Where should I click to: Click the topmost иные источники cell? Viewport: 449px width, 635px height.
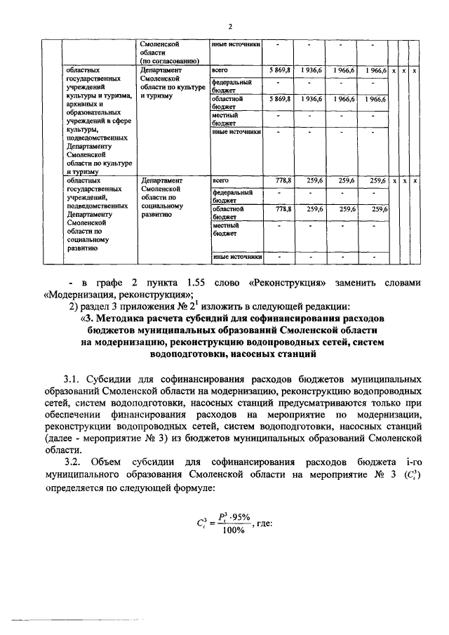pyautogui.click(x=236, y=46)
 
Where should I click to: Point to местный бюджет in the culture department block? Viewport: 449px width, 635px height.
pyautogui.click(x=225, y=118)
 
